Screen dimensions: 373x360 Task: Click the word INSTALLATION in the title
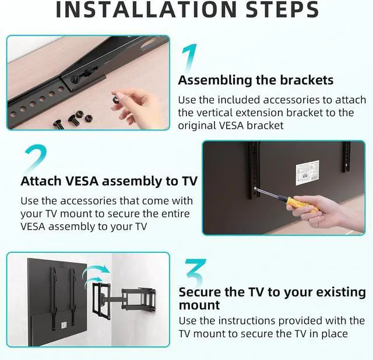pyautogui.click(x=146, y=9)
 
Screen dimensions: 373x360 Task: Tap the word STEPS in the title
pyautogui.click(x=282, y=9)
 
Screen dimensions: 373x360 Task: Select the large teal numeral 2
pyautogui.click(x=36, y=158)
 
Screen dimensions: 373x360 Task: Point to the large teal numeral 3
pyautogui.click(x=196, y=272)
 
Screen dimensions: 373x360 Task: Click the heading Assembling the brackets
pyautogui.click(x=255, y=80)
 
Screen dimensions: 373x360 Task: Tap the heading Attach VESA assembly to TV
pyautogui.click(x=109, y=181)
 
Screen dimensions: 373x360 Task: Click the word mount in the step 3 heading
pyautogui.click(x=199, y=305)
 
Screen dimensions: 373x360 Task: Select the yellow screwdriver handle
pyautogui.click(x=301, y=204)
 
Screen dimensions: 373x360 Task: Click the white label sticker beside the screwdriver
pyautogui.click(x=307, y=172)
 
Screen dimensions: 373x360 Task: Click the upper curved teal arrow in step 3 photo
pyautogui.click(x=96, y=271)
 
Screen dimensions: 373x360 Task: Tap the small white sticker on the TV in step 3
pyautogui.click(x=64, y=325)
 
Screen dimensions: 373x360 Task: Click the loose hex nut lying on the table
pyautogui.click(x=89, y=118)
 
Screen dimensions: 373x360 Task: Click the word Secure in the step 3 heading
pyautogui.click(x=200, y=292)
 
